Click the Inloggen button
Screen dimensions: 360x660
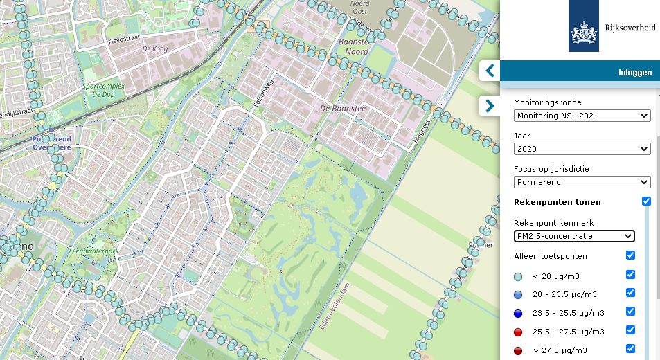click(634, 72)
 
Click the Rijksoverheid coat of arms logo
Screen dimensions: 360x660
click(583, 26)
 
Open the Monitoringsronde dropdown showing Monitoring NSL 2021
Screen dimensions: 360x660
click(582, 116)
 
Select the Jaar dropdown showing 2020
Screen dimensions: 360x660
click(582, 149)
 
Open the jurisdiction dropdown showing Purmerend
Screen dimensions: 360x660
click(582, 182)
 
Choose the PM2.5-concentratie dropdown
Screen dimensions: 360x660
click(574, 236)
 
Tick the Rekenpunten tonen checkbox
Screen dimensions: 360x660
click(646, 201)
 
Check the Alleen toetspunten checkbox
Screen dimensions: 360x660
click(630, 255)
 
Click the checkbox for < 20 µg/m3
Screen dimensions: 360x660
click(630, 275)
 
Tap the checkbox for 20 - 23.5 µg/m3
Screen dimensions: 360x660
click(630, 293)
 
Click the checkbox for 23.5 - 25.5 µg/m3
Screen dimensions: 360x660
click(630, 312)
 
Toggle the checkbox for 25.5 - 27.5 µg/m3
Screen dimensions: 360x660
click(630, 330)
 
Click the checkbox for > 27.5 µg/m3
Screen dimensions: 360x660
click(630, 349)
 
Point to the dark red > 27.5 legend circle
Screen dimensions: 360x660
click(518, 350)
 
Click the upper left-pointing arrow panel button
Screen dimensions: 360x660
click(490, 71)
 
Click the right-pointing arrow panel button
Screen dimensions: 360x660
click(490, 106)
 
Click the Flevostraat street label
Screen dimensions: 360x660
click(124, 41)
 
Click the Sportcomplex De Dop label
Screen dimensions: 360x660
click(98, 90)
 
